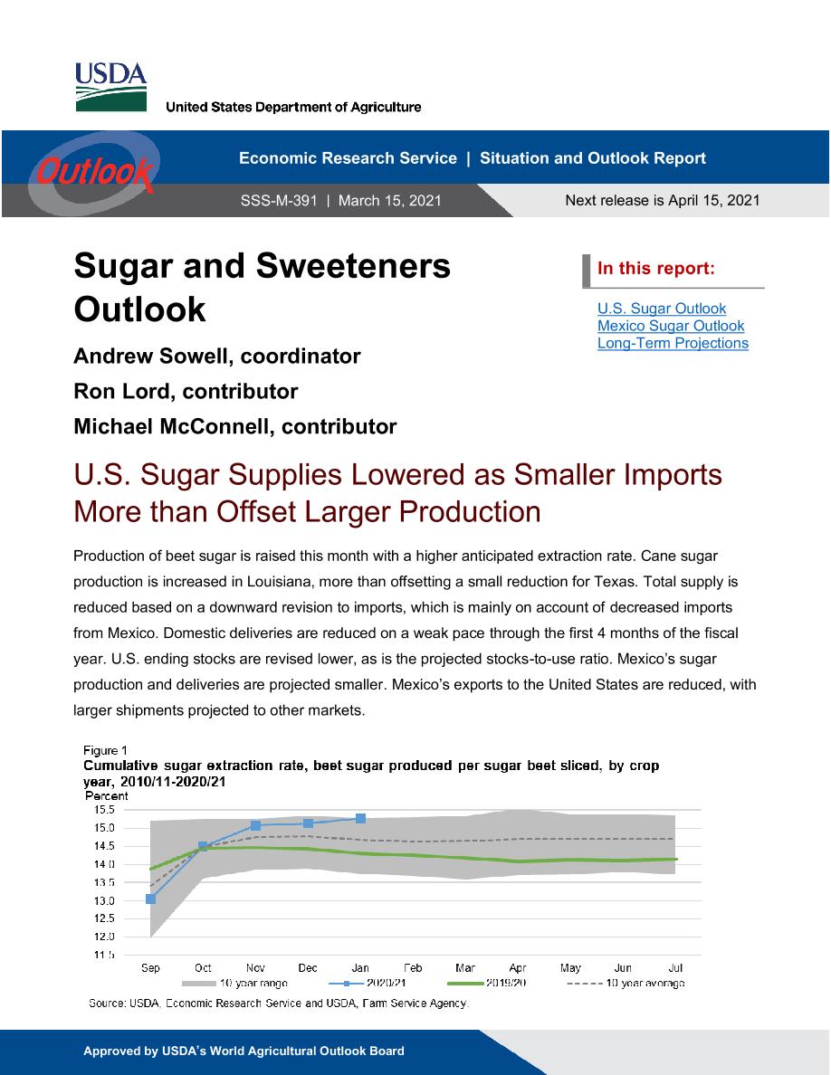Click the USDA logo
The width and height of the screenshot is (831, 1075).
(110, 86)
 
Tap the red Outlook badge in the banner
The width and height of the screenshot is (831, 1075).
(94, 171)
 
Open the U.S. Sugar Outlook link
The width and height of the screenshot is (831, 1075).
(662, 309)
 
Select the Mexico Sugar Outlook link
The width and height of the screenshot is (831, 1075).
(671, 326)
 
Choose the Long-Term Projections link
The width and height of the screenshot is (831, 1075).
(673, 343)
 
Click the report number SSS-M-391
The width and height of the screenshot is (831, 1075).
(279, 201)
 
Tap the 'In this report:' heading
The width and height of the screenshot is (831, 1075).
(656, 268)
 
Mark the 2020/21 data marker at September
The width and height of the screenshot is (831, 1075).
(151, 899)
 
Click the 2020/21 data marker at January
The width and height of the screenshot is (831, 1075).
(360, 819)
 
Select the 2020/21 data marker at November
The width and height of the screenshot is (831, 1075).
(256, 825)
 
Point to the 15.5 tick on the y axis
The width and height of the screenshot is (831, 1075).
(104, 810)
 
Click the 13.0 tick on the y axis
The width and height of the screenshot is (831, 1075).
(104, 901)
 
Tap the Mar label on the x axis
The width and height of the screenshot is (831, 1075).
(465, 968)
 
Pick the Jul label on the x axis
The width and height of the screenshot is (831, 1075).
(675, 968)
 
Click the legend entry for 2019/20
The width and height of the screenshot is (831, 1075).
(487, 983)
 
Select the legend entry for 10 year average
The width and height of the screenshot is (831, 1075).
(626, 983)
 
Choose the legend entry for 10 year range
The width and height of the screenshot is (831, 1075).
(235, 983)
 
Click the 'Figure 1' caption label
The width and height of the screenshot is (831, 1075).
(105, 750)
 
